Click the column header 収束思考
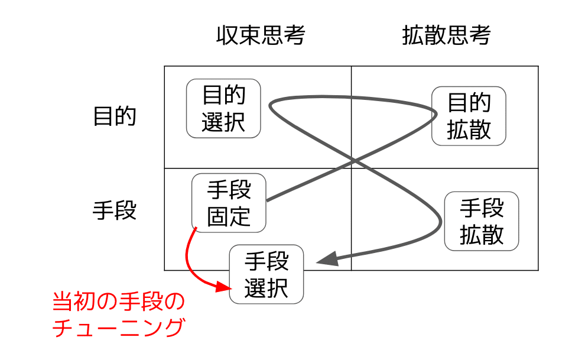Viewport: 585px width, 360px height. tap(261, 36)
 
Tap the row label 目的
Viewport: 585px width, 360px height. tap(115, 116)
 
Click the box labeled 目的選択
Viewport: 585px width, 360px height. tap(223, 108)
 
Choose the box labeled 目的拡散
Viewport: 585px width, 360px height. tap(469, 116)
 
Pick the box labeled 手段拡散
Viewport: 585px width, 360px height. tap(482, 220)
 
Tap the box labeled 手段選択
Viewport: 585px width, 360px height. tap(266, 274)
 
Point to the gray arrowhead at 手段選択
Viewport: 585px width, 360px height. tap(327, 259)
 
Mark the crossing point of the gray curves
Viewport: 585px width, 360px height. tap(353, 161)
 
